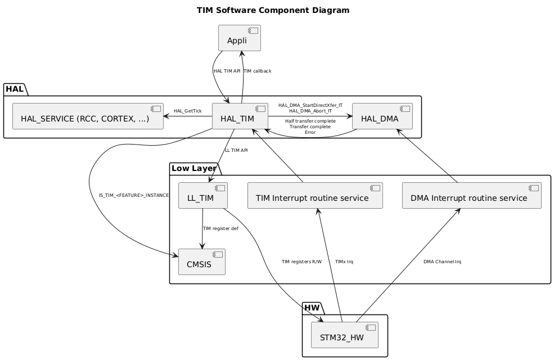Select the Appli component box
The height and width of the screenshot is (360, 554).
(239, 38)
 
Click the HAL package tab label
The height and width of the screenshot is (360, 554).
(15, 89)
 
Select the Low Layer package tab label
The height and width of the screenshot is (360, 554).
(193, 168)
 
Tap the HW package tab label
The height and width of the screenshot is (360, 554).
(313, 308)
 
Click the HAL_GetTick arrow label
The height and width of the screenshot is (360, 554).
(187, 111)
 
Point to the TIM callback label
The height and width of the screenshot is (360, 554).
(258, 71)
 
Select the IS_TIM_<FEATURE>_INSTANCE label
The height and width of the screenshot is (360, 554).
(133, 195)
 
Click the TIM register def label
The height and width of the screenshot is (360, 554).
(220, 228)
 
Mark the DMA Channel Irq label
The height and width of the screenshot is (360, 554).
(442, 262)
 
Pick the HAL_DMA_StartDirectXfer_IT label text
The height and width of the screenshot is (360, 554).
(310, 105)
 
